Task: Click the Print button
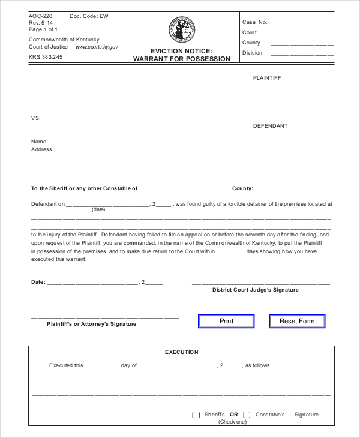pos(226,321)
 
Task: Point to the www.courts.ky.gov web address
pos(97,47)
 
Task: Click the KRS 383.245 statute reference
pos(46,57)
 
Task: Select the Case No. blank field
pos(302,23)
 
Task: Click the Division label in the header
pos(252,53)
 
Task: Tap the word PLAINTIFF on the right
pos(267,79)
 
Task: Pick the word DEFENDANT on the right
pos(270,126)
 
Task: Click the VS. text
pos(36,118)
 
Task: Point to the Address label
pos(41,149)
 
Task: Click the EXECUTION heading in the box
pos(181,352)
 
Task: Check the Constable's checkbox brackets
pos(247,415)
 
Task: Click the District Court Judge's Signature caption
pos(255,290)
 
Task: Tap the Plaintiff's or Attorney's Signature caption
pos(91,324)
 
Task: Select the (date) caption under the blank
pos(98,210)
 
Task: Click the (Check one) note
pos(232,422)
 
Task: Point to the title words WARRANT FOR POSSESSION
pos(181,59)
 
